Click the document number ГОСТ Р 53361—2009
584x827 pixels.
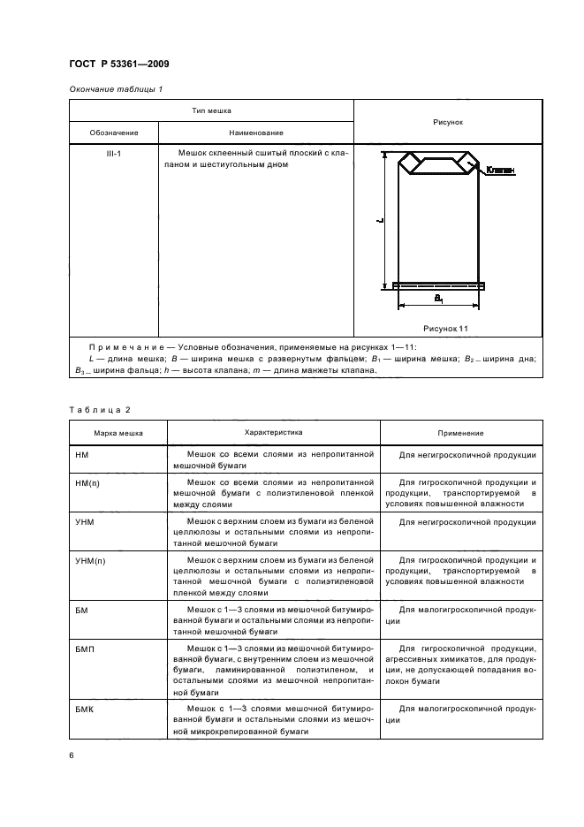click(x=118, y=64)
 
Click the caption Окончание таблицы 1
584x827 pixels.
click(x=115, y=89)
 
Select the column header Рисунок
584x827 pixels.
click(x=448, y=122)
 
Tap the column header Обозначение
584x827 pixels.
click(x=114, y=133)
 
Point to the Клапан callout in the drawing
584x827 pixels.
click(x=499, y=170)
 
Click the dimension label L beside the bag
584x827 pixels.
click(x=377, y=221)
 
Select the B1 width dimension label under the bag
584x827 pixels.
click(x=438, y=300)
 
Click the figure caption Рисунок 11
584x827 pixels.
click(x=446, y=327)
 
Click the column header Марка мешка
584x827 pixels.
click(x=118, y=434)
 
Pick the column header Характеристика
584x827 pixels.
click(x=273, y=433)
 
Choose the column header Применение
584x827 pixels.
click(x=460, y=434)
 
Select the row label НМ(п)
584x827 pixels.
click(x=89, y=483)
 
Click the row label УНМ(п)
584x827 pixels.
click(x=93, y=561)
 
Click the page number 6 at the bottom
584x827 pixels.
click(x=72, y=755)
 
